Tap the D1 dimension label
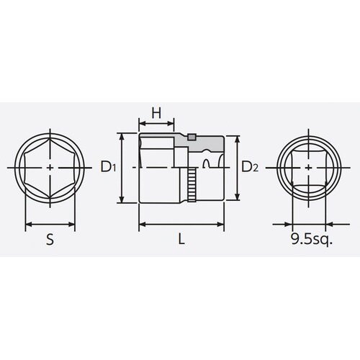[x=109, y=168]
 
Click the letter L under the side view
[x=181, y=243]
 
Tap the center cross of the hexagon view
[x=50, y=168]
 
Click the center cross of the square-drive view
[x=310, y=168]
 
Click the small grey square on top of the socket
[x=193, y=136]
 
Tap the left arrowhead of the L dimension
[x=140, y=225]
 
